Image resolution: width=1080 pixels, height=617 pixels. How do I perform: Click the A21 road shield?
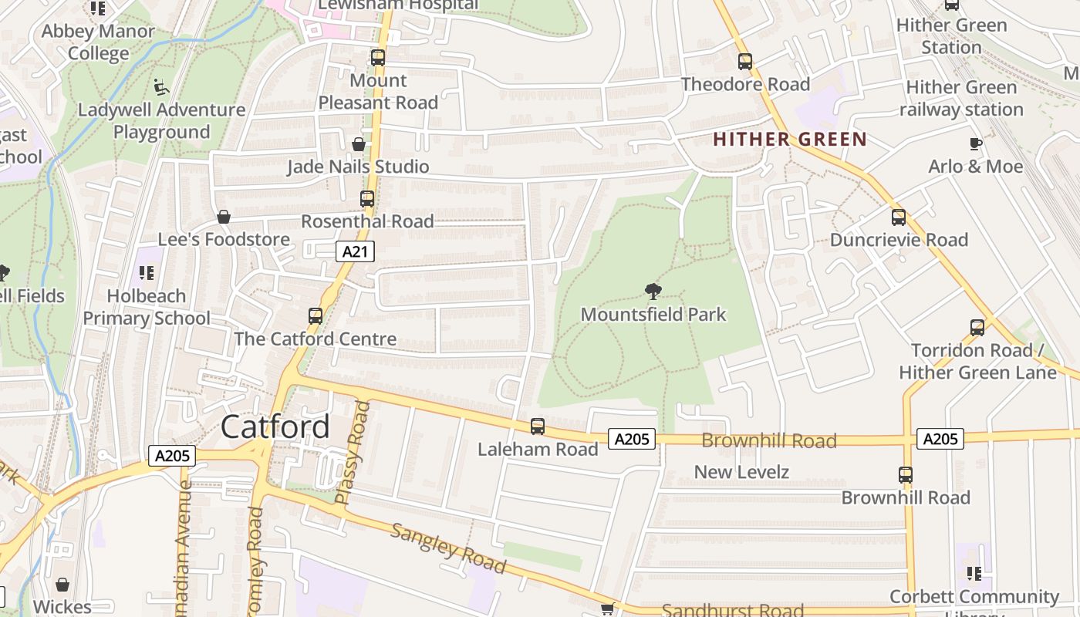pos(355,251)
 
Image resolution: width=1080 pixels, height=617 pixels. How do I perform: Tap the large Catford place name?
pos(275,427)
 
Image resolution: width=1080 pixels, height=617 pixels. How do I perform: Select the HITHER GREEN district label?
pos(790,140)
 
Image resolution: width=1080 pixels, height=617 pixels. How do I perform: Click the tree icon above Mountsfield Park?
pos(653,292)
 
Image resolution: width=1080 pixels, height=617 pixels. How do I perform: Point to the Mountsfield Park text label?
pos(653,315)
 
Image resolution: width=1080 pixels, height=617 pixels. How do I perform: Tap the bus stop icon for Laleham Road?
pos(538,427)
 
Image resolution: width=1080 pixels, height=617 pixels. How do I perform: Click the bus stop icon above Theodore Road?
pos(744,62)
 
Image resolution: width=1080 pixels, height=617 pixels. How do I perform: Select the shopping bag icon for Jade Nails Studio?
pos(359,144)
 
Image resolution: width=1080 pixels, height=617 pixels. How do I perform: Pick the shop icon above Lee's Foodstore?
pos(224,217)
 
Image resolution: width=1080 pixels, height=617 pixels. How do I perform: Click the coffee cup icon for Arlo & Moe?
pos(975,143)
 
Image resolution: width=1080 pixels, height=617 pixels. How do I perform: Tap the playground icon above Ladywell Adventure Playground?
pos(161,87)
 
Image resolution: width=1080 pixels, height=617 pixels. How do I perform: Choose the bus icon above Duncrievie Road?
pos(898,217)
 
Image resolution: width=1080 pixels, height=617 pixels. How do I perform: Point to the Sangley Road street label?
pos(448,548)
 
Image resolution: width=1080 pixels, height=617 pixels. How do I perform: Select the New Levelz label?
pos(741,472)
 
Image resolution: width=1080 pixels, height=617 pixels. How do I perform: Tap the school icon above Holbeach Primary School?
pos(146,273)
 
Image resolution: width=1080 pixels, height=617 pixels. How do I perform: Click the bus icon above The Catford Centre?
pos(315,316)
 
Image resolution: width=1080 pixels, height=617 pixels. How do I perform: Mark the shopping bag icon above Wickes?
pos(62,585)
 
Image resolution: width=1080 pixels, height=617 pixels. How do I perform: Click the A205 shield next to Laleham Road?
pos(632,440)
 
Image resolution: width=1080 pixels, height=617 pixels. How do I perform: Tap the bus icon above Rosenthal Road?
pos(367,199)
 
